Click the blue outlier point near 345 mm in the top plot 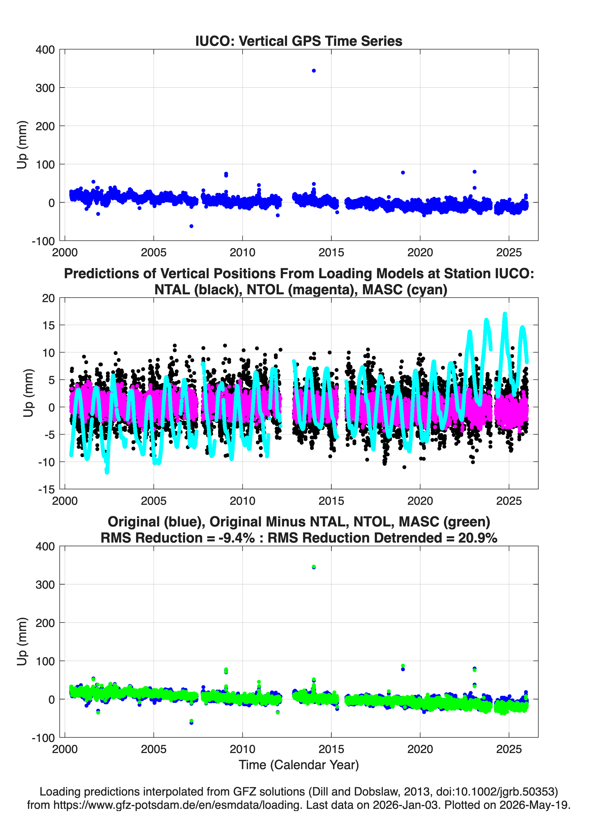click(x=314, y=71)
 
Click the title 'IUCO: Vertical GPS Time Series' click(x=299, y=41)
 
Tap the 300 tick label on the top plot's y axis click(x=45, y=88)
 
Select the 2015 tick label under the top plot click(x=331, y=252)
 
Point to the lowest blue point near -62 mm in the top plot click(x=191, y=226)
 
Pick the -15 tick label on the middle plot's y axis click(x=46, y=490)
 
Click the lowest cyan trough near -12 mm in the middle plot click(x=107, y=472)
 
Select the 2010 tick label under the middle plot click(x=242, y=501)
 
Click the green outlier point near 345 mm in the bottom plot click(x=314, y=567)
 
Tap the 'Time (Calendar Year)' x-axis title click(x=299, y=764)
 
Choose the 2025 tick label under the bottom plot click(x=509, y=749)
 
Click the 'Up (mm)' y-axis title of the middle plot click(x=28, y=393)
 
